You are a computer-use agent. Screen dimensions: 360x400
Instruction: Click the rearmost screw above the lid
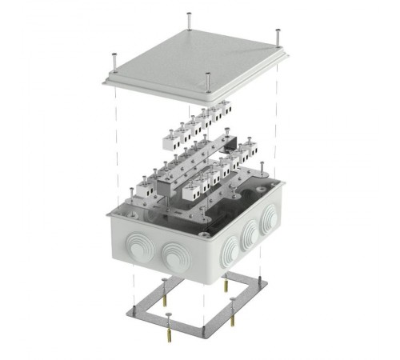coord(188,19)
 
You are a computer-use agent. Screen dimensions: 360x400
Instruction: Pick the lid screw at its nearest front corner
coord(208,81)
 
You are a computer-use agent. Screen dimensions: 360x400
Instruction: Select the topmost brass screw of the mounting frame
coord(165,285)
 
